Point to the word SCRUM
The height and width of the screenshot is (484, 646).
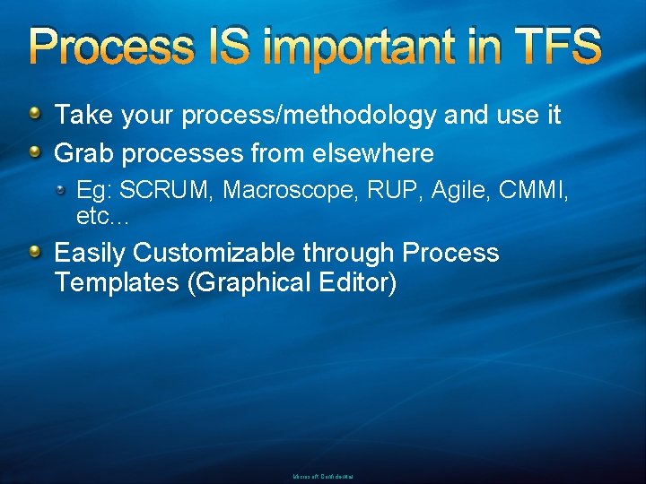pyautogui.click(x=168, y=190)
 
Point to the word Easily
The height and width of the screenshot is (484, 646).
pyautogui.click(x=91, y=254)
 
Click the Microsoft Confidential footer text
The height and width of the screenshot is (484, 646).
pyautogui.click(x=323, y=477)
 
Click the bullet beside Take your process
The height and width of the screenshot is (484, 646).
pyautogui.click(x=34, y=114)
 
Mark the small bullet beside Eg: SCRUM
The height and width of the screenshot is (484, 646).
pyautogui.click(x=61, y=189)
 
